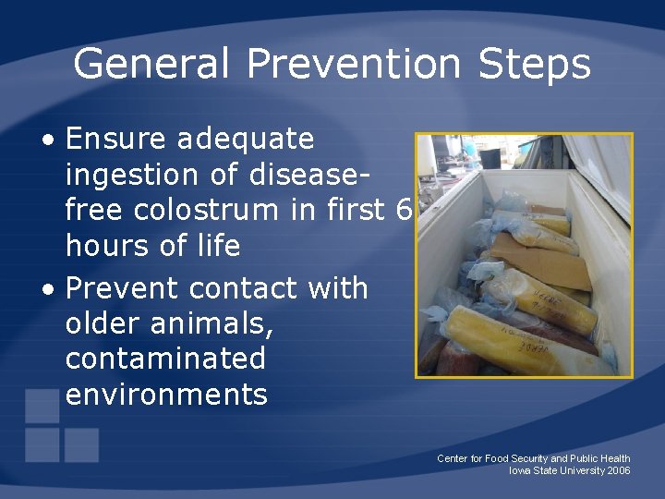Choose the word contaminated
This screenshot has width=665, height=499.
pyautogui.click(x=165, y=359)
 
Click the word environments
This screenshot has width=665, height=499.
pyautogui.click(x=166, y=395)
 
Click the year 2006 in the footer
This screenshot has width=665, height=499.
pyautogui.click(x=619, y=470)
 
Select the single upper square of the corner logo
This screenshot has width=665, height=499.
pyautogui.click(x=42, y=406)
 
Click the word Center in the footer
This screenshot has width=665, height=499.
pyautogui.click(x=453, y=458)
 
